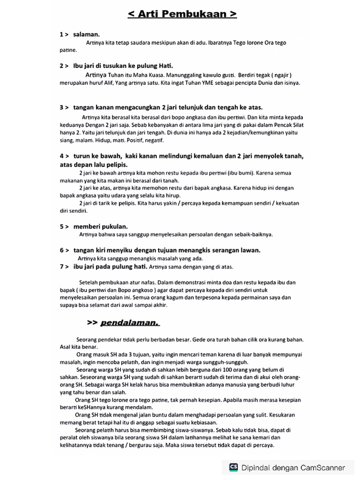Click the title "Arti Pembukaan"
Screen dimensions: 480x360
[182, 15]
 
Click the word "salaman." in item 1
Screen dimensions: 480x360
[86, 34]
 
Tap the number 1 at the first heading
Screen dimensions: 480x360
[61, 34]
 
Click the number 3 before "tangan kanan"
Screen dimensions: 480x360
[61, 107]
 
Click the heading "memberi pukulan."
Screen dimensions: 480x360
[100, 226]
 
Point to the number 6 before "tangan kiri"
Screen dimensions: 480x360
[61, 250]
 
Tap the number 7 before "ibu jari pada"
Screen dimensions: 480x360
[61, 267]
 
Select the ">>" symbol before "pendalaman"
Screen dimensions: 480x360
[92, 322]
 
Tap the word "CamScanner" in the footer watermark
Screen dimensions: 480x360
[323, 467]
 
